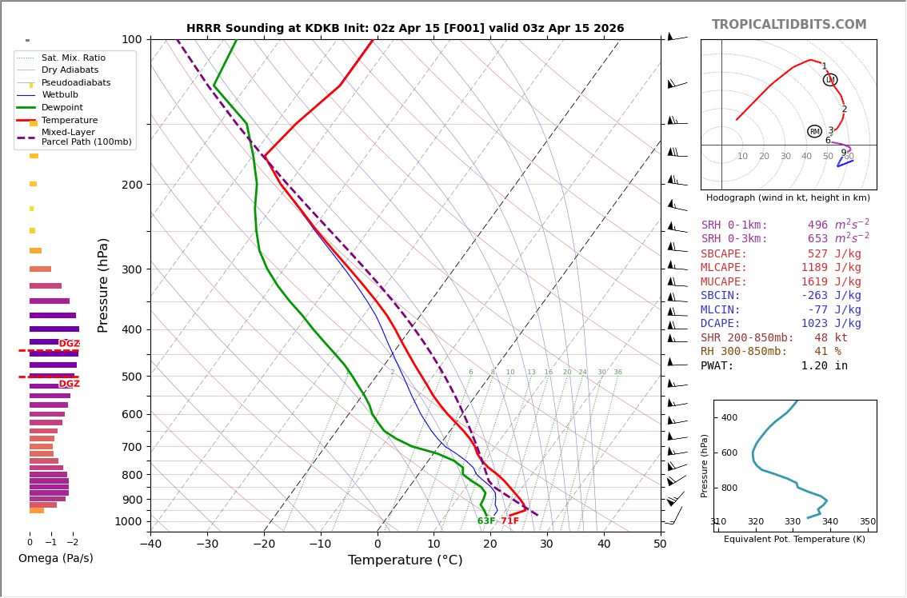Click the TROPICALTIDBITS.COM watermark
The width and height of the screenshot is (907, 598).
pyautogui.click(x=789, y=25)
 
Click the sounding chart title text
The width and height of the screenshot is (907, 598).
pyautogui.click(x=405, y=29)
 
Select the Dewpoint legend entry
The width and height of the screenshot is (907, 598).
pyautogui.click(x=62, y=108)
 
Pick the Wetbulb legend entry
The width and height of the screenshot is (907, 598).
pyautogui.click(x=61, y=95)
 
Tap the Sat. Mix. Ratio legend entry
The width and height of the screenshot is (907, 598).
pyautogui.click(x=74, y=58)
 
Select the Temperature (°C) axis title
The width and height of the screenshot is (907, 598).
pyautogui.click(x=405, y=561)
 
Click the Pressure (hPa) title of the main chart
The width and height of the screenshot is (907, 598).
pyautogui.click(x=103, y=285)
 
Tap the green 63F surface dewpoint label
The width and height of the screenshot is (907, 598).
pyautogui.click(x=486, y=521)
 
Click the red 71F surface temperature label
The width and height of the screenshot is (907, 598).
pyautogui.click(x=509, y=521)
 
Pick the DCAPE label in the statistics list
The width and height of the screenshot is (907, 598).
pyautogui.click(x=721, y=324)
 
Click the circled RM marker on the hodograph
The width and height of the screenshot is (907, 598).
pyautogui.click(x=814, y=131)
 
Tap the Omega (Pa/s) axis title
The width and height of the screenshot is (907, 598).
pyautogui.click(x=56, y=559)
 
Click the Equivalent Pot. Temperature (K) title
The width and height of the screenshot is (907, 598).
pyautogui.click(x=794, y=540)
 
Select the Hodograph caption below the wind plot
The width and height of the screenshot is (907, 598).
pyautogui.click(x=788, y=197)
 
